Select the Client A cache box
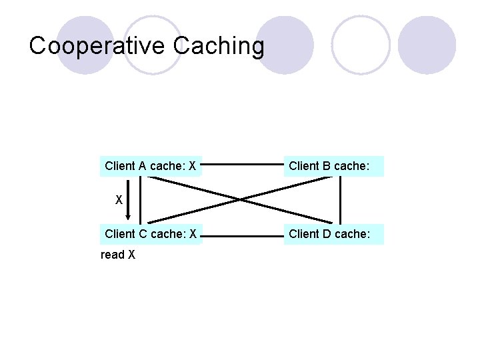point(151,166)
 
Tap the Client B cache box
point(334,166)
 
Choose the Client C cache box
point(151,234)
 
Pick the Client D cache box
point(334,234)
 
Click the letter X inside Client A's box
point(192,166)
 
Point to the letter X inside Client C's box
point(192,234)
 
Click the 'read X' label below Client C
point(118,255)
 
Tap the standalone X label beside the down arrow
point(119,200)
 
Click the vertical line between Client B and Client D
point(341,200)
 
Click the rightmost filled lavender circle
point(427,45)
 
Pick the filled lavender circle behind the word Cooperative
point(85,45)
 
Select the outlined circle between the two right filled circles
point(361,45)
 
